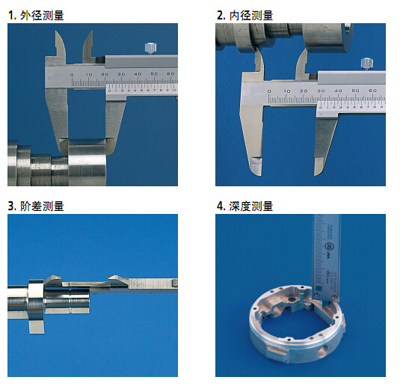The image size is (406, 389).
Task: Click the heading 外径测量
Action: click(x=42, y=15)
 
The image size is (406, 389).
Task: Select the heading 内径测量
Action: click(x=251, y=15)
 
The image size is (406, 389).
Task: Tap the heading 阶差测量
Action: click(x=42, y=206)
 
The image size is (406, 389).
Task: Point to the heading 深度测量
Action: click(x=251, y=206)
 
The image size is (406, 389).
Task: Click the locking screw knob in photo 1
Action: click(x=150, y=48)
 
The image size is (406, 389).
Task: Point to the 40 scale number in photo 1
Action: click(x=138, y=74)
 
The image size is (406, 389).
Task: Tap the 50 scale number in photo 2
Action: click(x=355, y=91)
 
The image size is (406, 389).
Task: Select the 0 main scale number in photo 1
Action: click(x=72, y=75)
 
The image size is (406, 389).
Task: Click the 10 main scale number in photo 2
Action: click(x=287, y=91)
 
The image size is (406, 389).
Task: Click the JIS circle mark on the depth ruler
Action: click(x=328, y=246)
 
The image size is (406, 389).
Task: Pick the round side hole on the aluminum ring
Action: click(x=322, y=351)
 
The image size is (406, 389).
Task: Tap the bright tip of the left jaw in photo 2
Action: click(x=256, y=166)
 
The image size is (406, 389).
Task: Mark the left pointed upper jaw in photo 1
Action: click(x=61, y=47)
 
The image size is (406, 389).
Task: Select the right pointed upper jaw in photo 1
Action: click(x=87, y=47)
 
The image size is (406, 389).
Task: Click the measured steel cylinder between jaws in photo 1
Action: click(x=87, y=162)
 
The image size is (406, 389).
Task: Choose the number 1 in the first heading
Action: click(x=11, y=16)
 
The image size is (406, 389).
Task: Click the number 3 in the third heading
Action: click(x=11, y=206)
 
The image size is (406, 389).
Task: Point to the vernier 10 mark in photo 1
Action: click(x=174, y=91)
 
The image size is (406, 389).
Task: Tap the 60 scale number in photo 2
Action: click(x=372, y=91)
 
